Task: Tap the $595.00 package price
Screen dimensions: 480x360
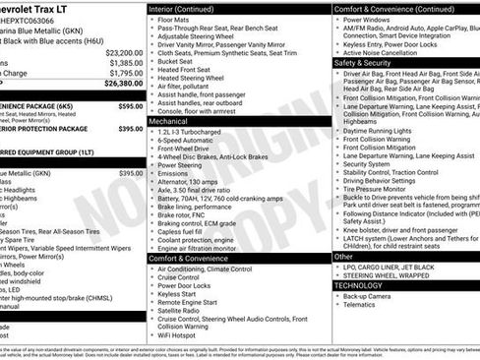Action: (x=130, y=105)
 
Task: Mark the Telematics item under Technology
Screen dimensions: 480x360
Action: (x=363, y=305)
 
